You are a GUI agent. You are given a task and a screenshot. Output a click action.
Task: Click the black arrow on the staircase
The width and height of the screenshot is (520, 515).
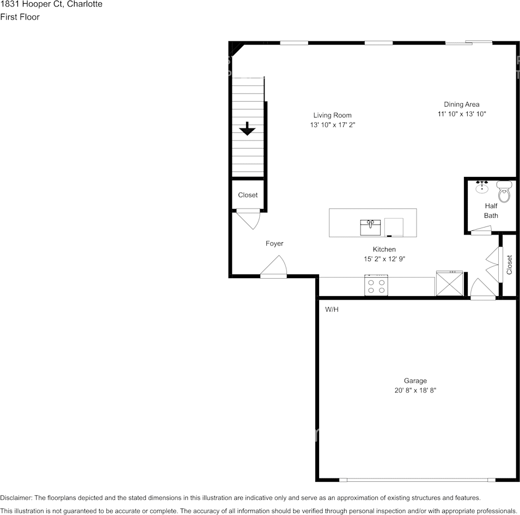[x=248, y=129]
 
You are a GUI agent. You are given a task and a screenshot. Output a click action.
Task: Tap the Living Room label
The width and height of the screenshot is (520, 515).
[x=332, y=115]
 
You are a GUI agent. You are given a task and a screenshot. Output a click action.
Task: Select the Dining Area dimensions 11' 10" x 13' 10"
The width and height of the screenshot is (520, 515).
[x=461, y=114]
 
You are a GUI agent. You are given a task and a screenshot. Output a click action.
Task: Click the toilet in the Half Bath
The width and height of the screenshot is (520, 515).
[x=505, y=193]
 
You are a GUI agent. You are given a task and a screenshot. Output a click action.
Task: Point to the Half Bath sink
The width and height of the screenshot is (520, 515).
[x=482, y=188]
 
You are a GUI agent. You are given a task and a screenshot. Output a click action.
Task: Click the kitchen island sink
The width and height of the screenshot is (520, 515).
[x=370, y=227]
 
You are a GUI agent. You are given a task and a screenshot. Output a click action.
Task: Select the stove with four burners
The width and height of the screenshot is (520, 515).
[x=376, y=285]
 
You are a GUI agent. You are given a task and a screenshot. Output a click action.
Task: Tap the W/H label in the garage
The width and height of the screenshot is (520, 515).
[x=332, y=309]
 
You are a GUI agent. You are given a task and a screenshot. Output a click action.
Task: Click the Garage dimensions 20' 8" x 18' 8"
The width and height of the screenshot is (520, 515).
[x=415, y=390]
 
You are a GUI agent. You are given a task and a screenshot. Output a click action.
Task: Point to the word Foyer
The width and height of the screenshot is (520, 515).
[x=274, y=244]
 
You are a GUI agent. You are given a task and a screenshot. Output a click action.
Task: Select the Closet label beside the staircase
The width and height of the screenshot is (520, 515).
[x=248, y=195]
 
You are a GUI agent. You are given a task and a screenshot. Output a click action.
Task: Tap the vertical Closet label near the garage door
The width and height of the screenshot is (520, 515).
[x=510, y=265]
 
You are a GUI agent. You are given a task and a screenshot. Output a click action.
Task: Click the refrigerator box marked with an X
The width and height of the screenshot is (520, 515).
[x=450, y=284]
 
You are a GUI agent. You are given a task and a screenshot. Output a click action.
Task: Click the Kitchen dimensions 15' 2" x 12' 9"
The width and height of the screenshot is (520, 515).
[x=384, y=259]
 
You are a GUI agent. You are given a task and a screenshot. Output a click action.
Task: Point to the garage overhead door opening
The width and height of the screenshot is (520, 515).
[x=417, y=480]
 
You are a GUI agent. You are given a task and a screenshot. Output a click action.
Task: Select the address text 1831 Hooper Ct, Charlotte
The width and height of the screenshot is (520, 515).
[x=51, y=4]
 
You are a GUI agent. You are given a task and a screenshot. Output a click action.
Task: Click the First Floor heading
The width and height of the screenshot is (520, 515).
[x=20, y=17]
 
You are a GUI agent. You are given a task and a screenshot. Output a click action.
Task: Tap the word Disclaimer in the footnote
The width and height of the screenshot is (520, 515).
[x=16, y=498]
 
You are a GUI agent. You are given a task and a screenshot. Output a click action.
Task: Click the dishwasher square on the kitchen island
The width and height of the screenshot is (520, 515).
[x=394, y=226]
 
